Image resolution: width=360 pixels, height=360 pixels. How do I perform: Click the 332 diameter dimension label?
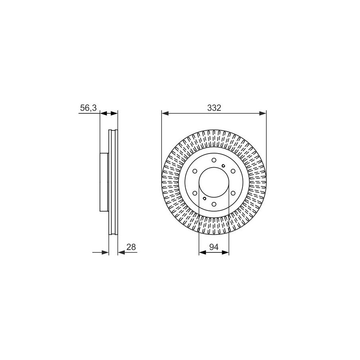point(214,108)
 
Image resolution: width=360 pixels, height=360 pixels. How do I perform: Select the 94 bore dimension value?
point(214,247)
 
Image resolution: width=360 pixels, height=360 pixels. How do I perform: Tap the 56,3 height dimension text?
point(88,108)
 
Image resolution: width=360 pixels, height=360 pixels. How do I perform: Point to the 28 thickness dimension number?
point(131,247)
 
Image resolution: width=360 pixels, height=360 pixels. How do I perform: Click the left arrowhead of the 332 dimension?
point(165,113)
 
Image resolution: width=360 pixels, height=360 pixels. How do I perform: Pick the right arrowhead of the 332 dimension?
point(263,113)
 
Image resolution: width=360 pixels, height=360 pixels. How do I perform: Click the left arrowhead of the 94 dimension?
point(202,252)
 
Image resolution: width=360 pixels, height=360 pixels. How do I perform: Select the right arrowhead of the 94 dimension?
point(226,252)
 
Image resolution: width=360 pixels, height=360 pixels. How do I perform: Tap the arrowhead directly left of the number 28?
point(121,252)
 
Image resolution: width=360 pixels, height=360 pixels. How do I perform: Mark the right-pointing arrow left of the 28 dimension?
point(100,252)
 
